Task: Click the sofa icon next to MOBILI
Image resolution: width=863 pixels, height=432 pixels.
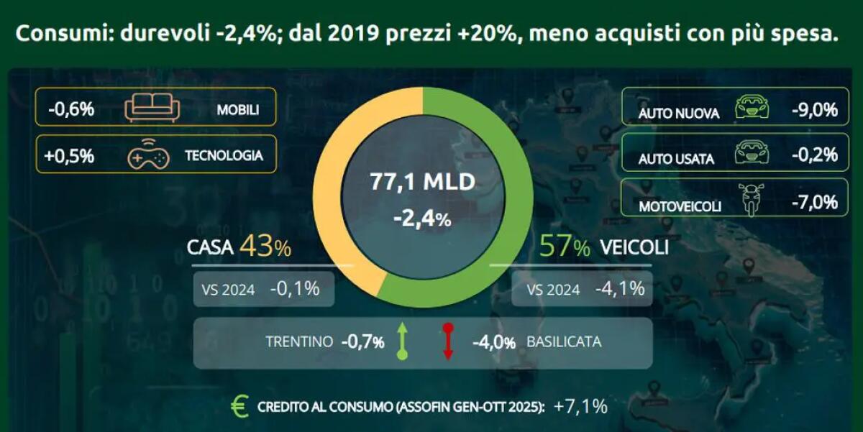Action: click(x=152, y=109)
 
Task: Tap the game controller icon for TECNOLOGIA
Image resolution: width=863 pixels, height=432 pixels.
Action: click(x=148, y=155)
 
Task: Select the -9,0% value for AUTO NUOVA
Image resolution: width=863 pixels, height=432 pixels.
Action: click(x=814, y=110)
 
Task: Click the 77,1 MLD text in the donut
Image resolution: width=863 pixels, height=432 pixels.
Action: click(x=422, y=182)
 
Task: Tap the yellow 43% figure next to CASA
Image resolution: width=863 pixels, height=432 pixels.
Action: click(x=265, y=247)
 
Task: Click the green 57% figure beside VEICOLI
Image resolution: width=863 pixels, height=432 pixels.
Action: click(x=565, y=247)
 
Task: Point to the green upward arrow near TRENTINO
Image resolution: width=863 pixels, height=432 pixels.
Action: click(x=402, y=341)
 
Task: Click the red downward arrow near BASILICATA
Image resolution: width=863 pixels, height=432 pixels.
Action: click(x=447, y=341)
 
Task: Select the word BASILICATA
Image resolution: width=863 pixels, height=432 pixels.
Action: click(x=564, y=342)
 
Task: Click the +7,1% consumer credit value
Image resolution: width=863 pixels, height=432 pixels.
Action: click(x=580, y=407)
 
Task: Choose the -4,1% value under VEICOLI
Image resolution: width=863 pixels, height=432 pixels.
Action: click(x=619, y=290)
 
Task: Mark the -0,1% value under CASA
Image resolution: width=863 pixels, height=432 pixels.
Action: click(x=295, y=290)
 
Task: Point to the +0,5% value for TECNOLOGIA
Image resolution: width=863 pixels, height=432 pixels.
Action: click(x=69, y=155)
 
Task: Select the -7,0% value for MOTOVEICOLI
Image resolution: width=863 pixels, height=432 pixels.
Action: click(x=814, y=202)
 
